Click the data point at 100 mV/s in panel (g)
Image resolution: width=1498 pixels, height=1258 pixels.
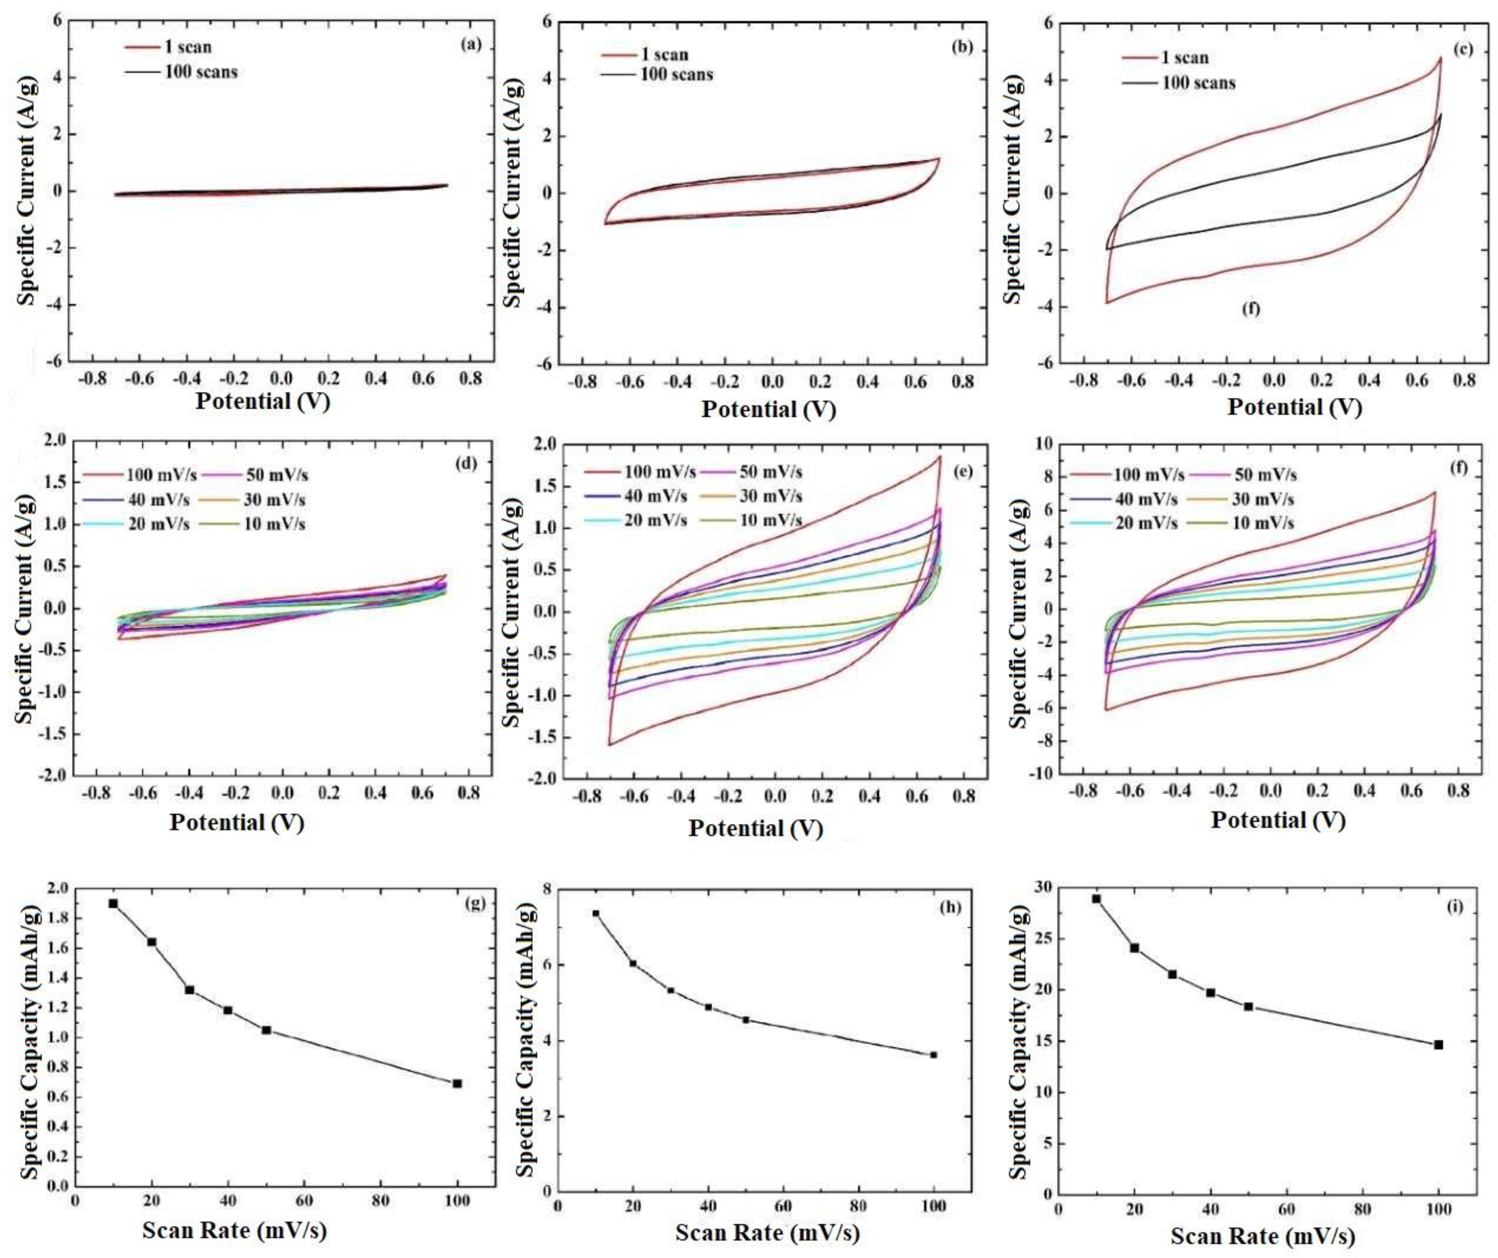click(x=457, y=1083)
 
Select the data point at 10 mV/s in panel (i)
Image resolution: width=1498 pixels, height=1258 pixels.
click(x=1096, y=899)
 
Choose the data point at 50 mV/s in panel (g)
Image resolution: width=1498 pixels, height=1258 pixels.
click(x=266, y=1030)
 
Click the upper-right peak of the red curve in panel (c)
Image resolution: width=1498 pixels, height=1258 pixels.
click(x=1440, y=59)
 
